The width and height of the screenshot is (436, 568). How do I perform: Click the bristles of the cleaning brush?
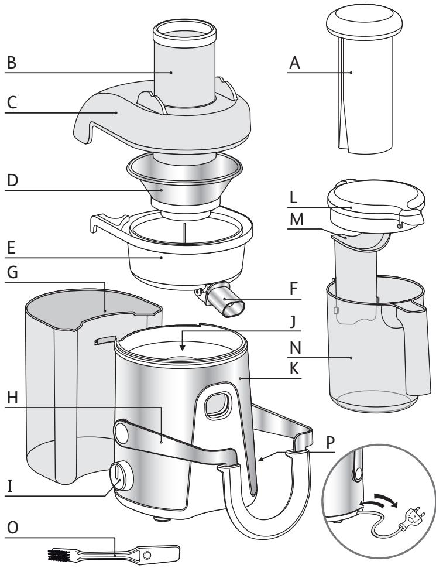pyautogui.click(x=59, y=553)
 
